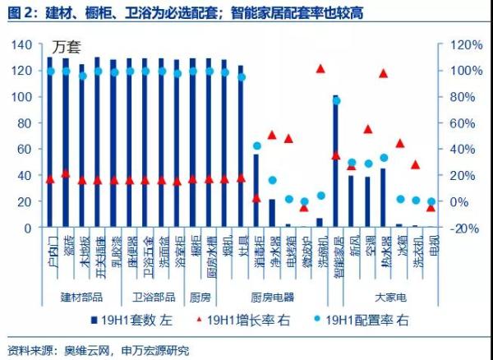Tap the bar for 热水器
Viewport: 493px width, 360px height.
(x=383, y=197)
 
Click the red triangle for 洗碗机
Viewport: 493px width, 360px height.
(x=320, y=68)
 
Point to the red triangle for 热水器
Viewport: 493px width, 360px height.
(x=383, y=74)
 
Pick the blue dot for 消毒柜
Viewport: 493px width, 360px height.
(x=256, y=146)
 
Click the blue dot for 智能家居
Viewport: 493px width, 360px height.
(x=335, y=100)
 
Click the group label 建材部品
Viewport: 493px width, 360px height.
(x=82, y=296)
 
